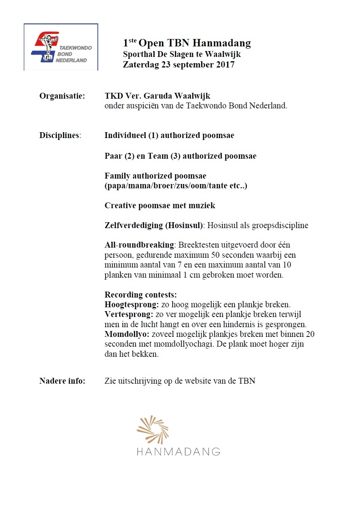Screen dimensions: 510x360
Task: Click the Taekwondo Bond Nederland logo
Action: [x=61, y=47]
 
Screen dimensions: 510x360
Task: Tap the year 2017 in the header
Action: [x=225, y=65]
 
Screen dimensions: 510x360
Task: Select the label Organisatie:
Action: [x=62, y=96]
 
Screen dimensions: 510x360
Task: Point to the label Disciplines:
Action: [x=60, y=136]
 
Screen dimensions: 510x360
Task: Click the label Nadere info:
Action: [x=62, y=381]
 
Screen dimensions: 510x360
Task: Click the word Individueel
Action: [x=125, y=136]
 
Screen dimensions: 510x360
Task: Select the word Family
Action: [x=117, y=176]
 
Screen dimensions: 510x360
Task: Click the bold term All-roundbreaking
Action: [x=139, y=245]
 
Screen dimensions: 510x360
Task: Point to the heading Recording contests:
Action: [x=141, y=295]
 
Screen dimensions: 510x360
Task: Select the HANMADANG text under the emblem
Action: [x=178, y=452]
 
